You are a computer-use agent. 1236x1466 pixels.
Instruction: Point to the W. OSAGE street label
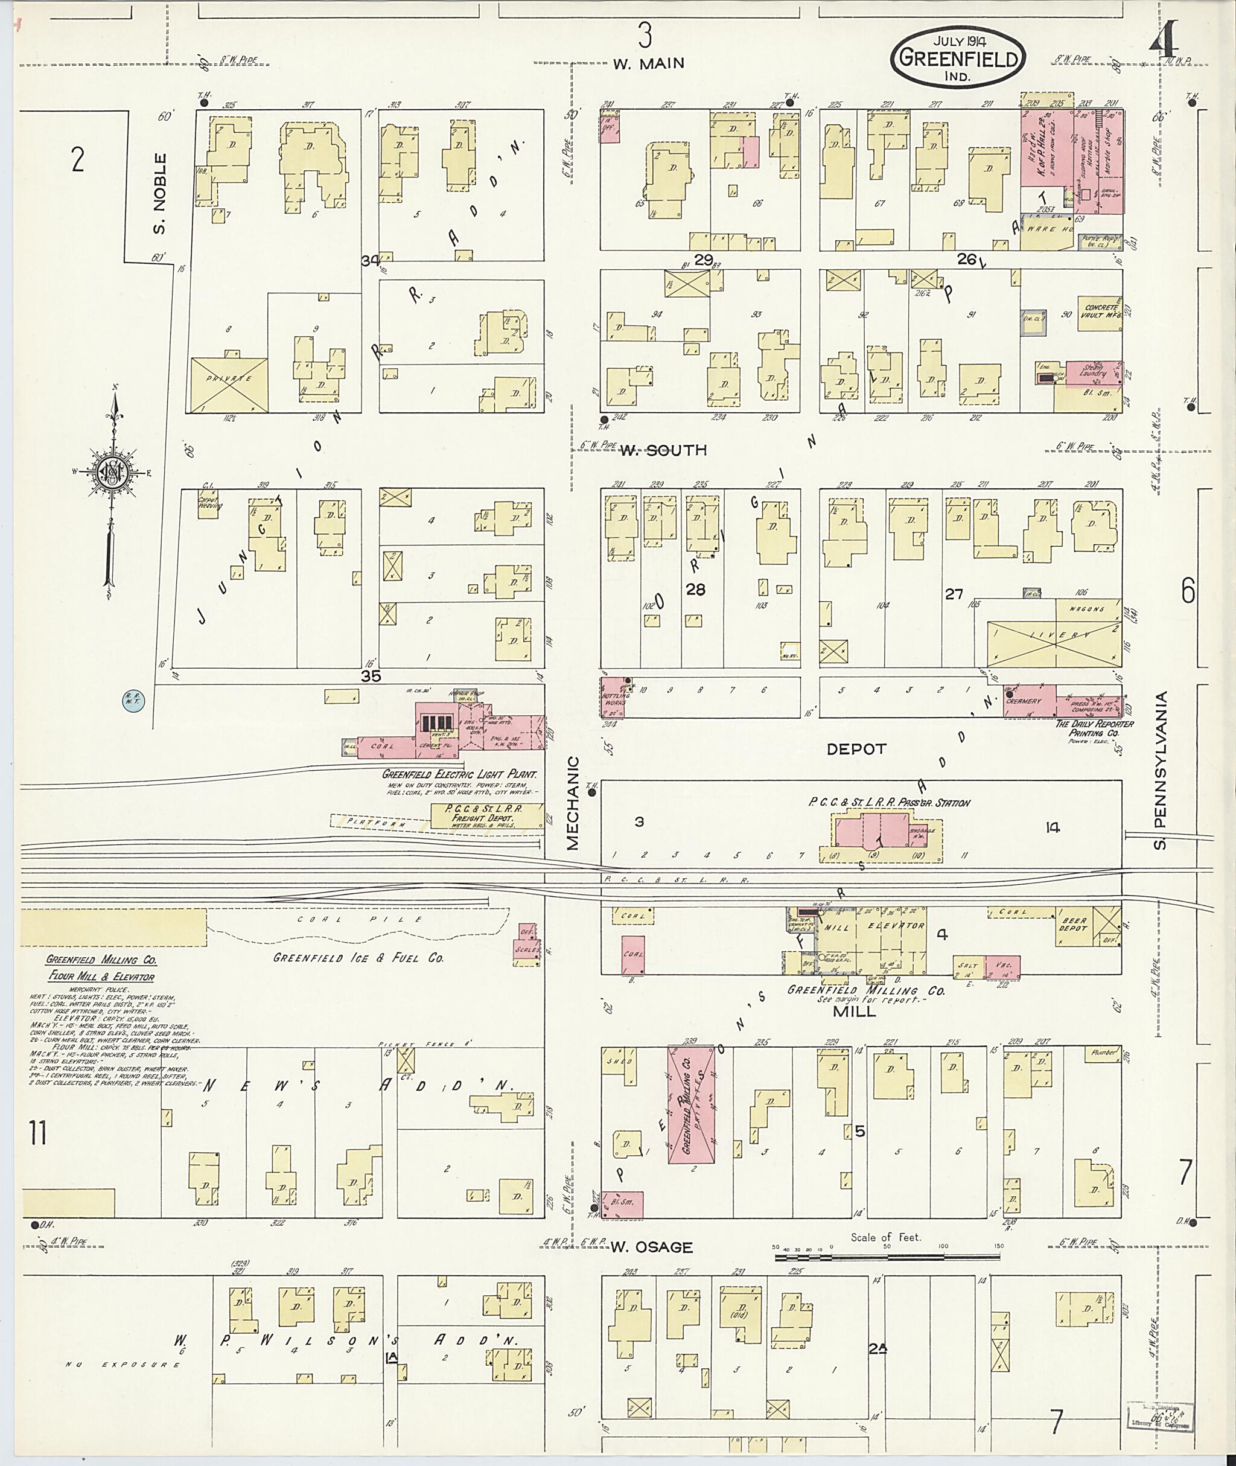pos(651,1247)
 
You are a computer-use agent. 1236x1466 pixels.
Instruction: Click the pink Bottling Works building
pos(614,697)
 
